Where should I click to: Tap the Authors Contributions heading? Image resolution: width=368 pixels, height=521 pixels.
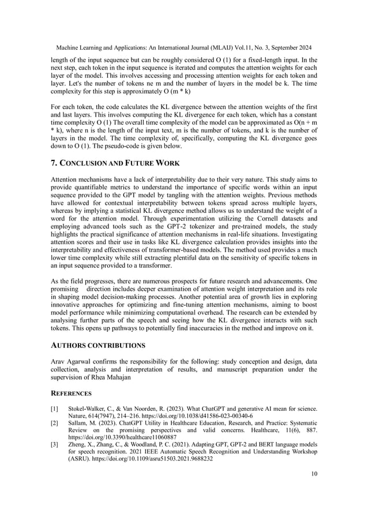(97, 345)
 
